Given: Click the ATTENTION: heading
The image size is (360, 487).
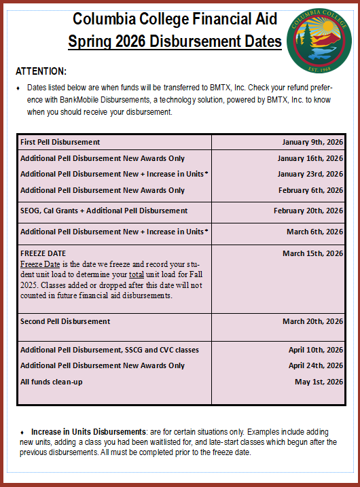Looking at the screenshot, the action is coord(41,71).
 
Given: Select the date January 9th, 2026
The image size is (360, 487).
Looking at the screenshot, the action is coord(312,142).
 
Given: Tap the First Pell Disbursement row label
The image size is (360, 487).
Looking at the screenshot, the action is coord(60,142).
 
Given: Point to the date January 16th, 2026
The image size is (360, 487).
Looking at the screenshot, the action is coord(310,158).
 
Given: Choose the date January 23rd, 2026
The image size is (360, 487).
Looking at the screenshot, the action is coord(310,174).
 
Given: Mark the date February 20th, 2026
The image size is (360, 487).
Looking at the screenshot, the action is coord(308,211).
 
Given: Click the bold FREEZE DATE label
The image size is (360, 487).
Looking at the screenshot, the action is coord(43,253).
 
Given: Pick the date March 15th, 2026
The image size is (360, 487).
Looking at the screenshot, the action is coord(312,253).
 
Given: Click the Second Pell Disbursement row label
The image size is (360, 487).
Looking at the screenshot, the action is coord(65,321).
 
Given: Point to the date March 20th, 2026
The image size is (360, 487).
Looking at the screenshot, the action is coord(312,321).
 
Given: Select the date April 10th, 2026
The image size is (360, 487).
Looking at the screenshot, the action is coord(316,350).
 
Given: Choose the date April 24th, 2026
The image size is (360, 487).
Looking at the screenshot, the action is coord(316,365).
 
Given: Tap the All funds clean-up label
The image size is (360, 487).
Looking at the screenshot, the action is coord(51,382).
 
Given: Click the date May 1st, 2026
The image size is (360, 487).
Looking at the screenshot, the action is coord(319,382).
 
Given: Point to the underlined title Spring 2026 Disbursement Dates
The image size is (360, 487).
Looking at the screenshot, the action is coord(175,41).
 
